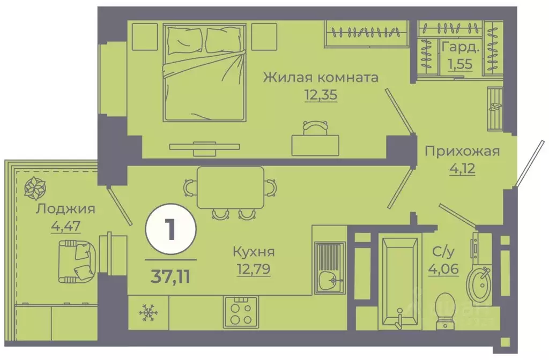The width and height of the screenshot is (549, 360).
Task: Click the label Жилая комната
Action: pyautogui.click(x=321, y=78)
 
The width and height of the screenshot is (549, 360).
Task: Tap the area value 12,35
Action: pyautogui.click(x=321, y=96)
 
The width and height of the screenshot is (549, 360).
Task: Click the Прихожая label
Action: pyautogui.click(x=462, y=151)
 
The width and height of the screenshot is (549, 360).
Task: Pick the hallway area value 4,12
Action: pyautogui.click(x=462, y=170)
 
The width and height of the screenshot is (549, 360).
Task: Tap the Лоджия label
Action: pyautogui.click(x=65, y=209)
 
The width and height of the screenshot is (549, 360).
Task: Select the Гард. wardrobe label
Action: pyautogui.click(x=460, y=48)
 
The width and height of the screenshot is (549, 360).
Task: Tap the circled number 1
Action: pyautogui.click(x=170, y=230)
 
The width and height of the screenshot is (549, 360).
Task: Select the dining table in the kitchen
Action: pyautogui.click(x=230, y=187)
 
